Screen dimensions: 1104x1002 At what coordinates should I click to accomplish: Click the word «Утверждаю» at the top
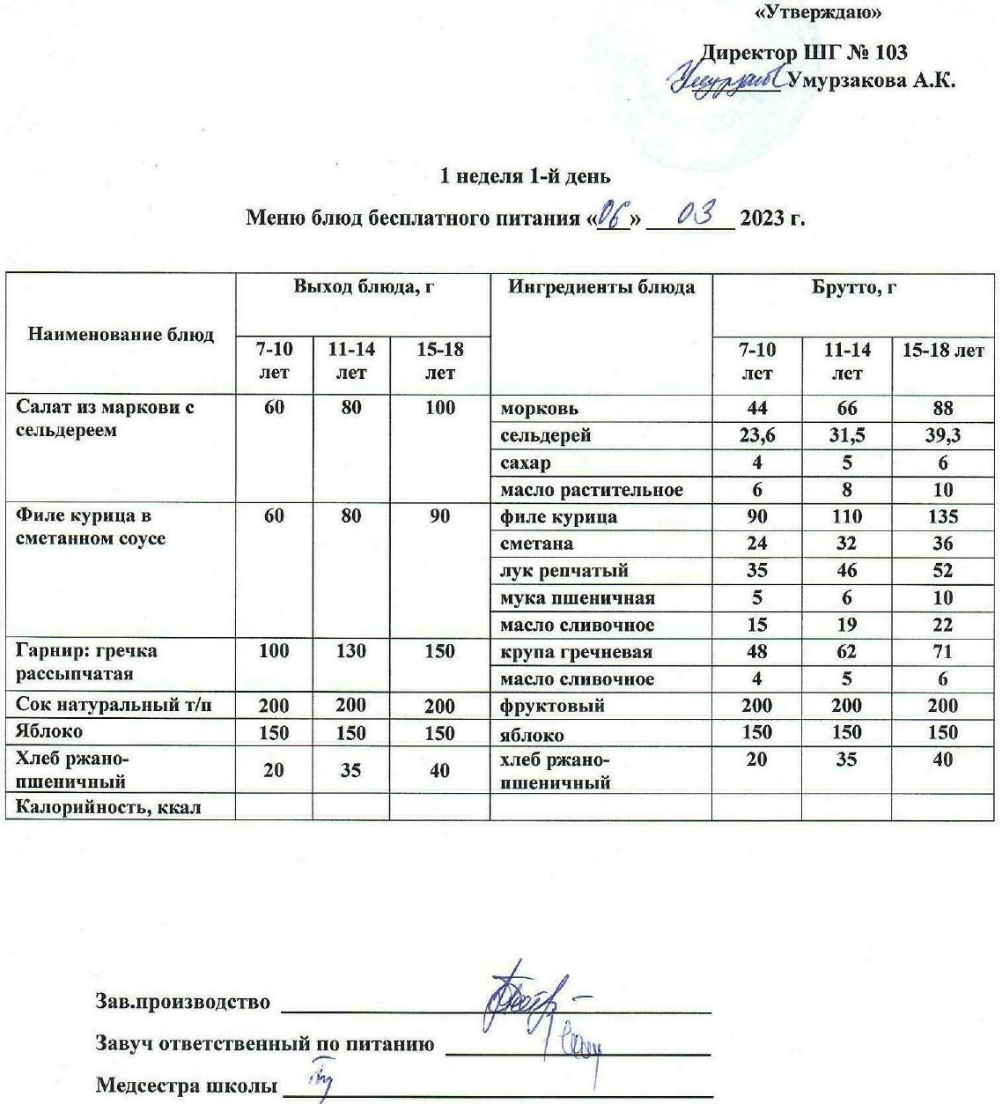pyautogui.click(x=818, y=12)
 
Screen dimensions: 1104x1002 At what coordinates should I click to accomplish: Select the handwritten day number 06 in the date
pyautogui.click(x=610, y=215)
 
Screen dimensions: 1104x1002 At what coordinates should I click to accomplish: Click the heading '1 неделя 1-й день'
pyautogui.click(x=525, y=176)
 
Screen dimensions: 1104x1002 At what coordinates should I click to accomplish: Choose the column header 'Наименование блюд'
pyautogui.click(x=121, y=334)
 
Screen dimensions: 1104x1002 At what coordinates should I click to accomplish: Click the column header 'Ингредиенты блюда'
pyautogui.click(x=601, y=286)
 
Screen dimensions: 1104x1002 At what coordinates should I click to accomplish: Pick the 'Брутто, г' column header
pyautogui.click(x=853, y=286)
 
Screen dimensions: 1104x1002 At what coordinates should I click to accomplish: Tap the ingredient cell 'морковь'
pyautogui.click(x=540, y=409)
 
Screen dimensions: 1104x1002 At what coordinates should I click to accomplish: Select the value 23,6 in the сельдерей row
pyautogui.click(x=756, y=436)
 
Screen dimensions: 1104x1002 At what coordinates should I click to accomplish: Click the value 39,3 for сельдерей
pyautogui.click(x=942, y=436)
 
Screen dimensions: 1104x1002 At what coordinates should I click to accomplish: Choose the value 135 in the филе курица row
pyautogui.click(x=942, y=517)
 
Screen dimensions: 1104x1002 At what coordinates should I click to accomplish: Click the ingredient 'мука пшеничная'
pyautogui.click(x=577, y=598)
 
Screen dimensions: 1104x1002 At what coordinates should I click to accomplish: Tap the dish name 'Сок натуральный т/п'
pyautogui.click(x=114, y=705)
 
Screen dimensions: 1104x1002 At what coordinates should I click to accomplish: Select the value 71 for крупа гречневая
pyautogui.click(x=942, y=653)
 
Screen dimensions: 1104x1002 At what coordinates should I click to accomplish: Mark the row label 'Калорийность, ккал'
pyautogui.click(x=108, y=807)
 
